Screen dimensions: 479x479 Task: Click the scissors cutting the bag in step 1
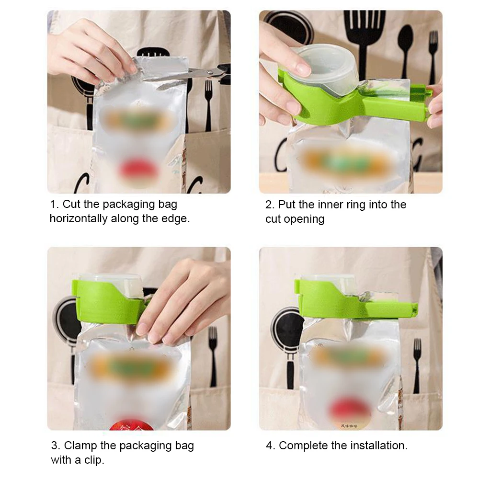point(201,73)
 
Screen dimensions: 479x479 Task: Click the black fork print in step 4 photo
point(417,364)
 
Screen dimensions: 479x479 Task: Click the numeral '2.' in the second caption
point(269,205)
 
